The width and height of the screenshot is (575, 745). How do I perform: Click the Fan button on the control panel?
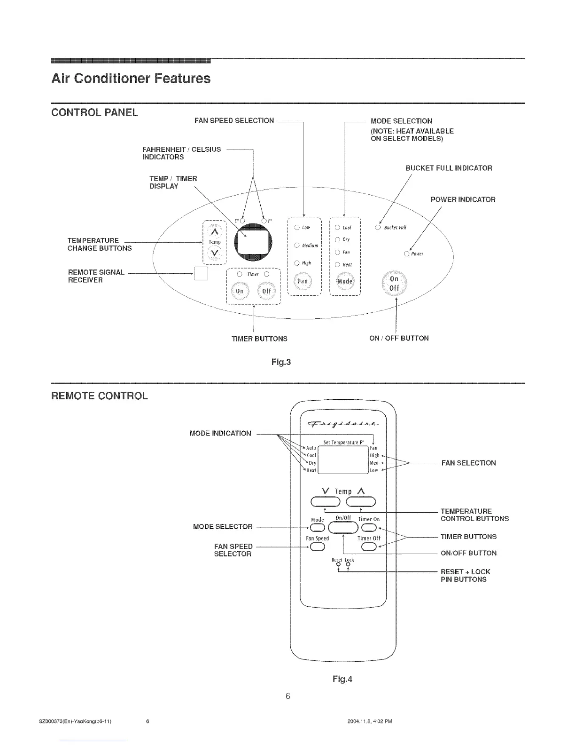pyautogui.click(x=303, y=281)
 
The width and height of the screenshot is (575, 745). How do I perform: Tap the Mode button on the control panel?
pyautogui.click(x=346, y=282)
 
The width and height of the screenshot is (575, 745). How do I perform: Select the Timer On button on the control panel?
pyautogui.click(x=240, y=291)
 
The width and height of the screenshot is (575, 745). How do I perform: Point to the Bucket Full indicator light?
pyautogui.click(x=378, y=228)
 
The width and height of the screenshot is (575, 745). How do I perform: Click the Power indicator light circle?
pyautogui.click(x=407, y=254)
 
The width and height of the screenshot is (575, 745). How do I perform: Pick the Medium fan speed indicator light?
pyautogui.click(x=297, y=245)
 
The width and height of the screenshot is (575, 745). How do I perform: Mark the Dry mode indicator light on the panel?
pyautogui.click(x=337, y=239)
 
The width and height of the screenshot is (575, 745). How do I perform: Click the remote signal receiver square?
pyautogui.click(x=201, y=274)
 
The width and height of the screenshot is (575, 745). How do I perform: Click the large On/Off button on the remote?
pyautogui.click(x=343, y=526)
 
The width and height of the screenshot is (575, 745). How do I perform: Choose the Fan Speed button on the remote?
pyautogui.click(x=317, y=547)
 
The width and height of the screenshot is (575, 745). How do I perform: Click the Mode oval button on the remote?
pyautogui.click(x=317, y=526)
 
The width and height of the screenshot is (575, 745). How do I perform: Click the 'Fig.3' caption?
pyautogui.click(x=281, y=362)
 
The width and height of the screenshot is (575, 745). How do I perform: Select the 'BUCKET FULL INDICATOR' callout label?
pyautogui.click(x=449, y=168)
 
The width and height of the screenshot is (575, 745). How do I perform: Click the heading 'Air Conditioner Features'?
pyautogui.click(x=131, y=78)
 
